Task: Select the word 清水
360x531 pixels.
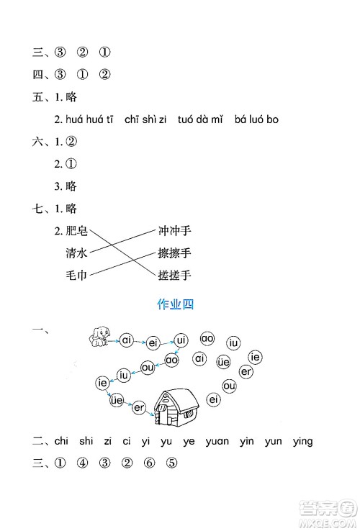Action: coord(76,253)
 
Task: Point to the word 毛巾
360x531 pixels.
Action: coord(76,275)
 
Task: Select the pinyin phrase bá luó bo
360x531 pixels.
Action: coord(256,119)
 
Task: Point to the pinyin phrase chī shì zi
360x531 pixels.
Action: coord(145,119)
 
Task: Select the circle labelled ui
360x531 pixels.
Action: coord(181,339)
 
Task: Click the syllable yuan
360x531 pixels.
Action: coord(220,441)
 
